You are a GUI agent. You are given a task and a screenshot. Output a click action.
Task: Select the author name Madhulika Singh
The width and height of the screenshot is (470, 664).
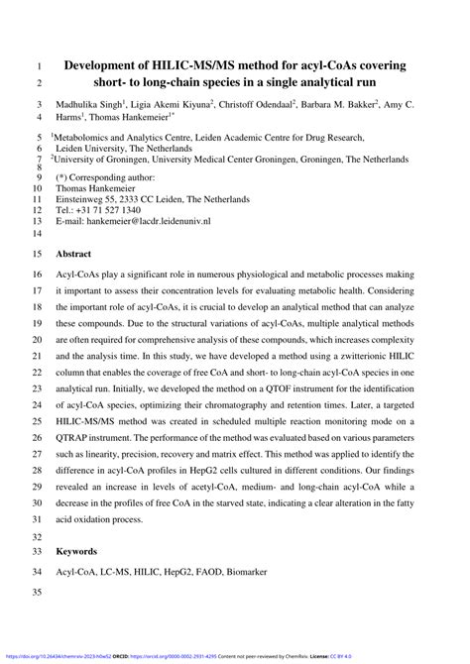(92, 104)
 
